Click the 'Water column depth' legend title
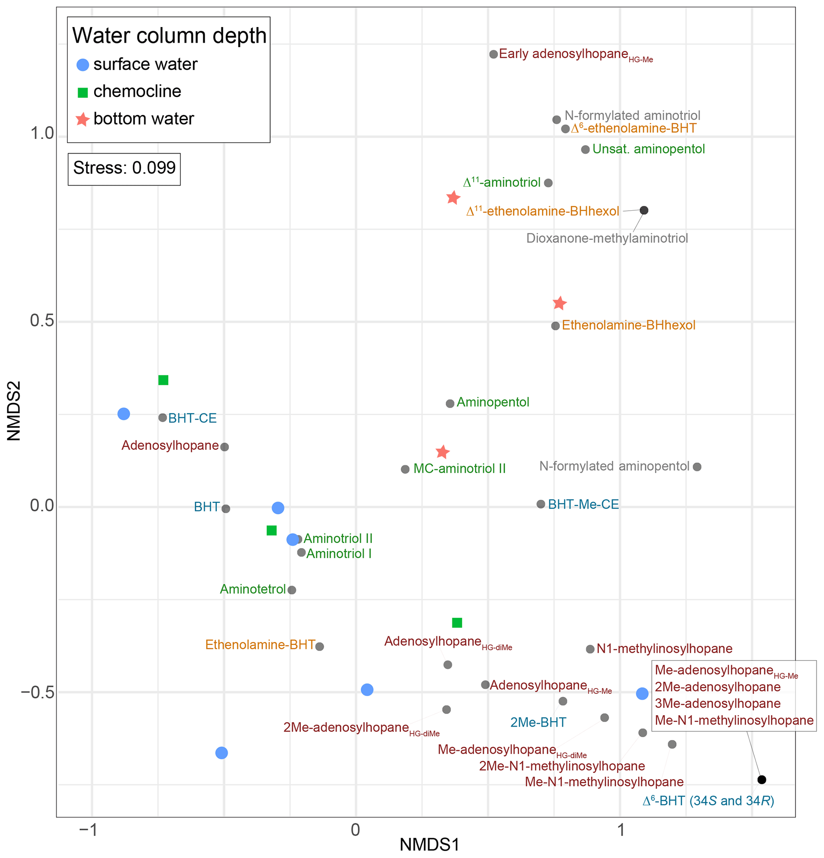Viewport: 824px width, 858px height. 169,36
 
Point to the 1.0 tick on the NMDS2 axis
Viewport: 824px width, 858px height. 41,134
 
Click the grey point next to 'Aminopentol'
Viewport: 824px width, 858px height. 450,404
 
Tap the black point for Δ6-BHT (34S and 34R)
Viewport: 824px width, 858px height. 762,780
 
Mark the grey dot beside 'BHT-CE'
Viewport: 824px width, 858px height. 162,418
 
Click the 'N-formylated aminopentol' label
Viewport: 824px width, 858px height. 614,466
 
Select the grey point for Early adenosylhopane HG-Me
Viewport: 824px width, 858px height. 494,54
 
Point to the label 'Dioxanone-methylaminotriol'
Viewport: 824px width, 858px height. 607,239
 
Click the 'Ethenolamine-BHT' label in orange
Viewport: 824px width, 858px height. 260,645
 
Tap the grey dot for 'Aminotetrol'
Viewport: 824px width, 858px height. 292,590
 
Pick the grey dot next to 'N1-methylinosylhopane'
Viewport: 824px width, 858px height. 590,649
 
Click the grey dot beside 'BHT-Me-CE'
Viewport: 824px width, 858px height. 541,504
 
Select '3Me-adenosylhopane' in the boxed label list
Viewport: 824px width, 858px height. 718,704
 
